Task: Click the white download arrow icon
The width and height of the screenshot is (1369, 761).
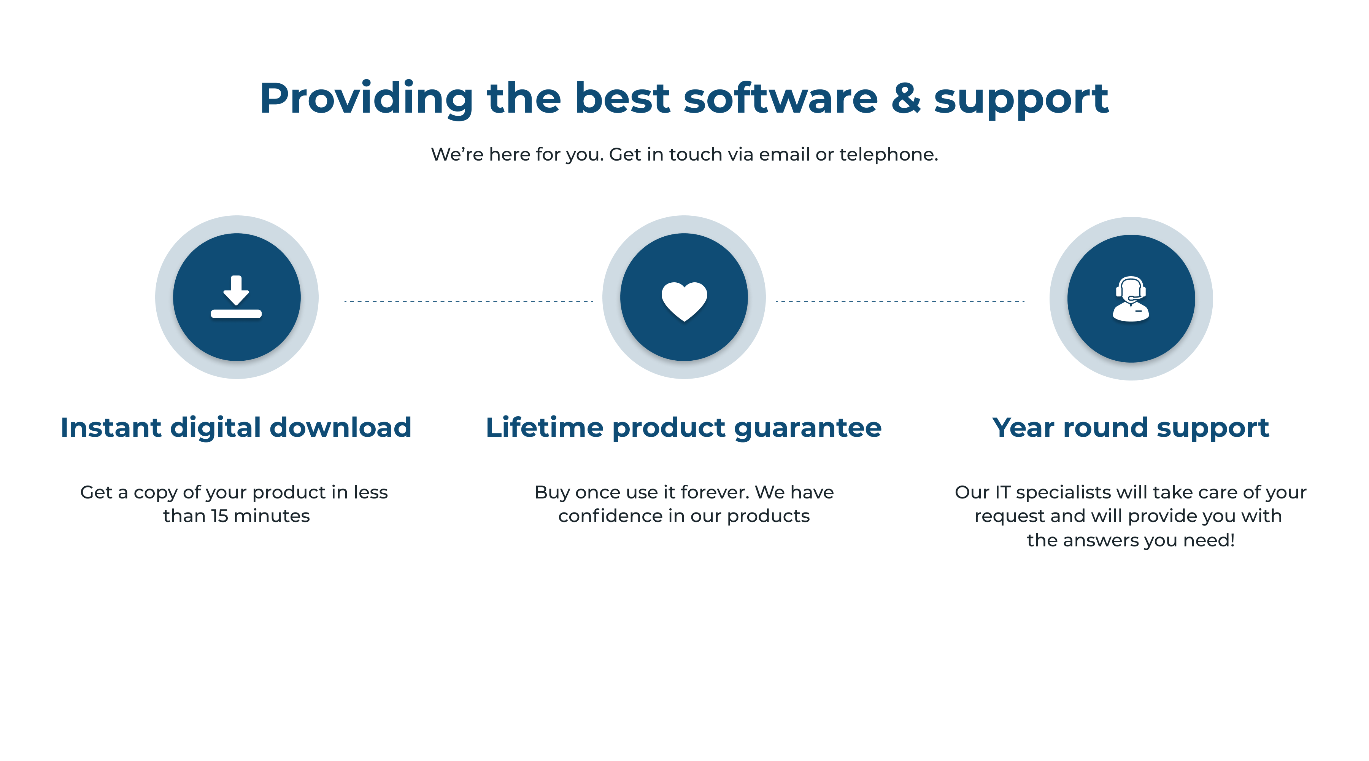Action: pos(236,297)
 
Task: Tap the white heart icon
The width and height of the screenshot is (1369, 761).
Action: pos(684,301)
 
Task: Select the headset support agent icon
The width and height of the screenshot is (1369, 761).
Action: pos(1131,299)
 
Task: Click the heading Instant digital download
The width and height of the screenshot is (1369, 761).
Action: pos(236,428)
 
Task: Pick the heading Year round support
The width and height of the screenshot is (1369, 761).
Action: pos(1131,428)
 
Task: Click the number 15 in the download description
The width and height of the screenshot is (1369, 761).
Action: pos(219,516)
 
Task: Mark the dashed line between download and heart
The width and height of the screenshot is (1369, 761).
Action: pos(469,301)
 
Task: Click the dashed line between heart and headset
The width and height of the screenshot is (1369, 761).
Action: pos(900,301)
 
